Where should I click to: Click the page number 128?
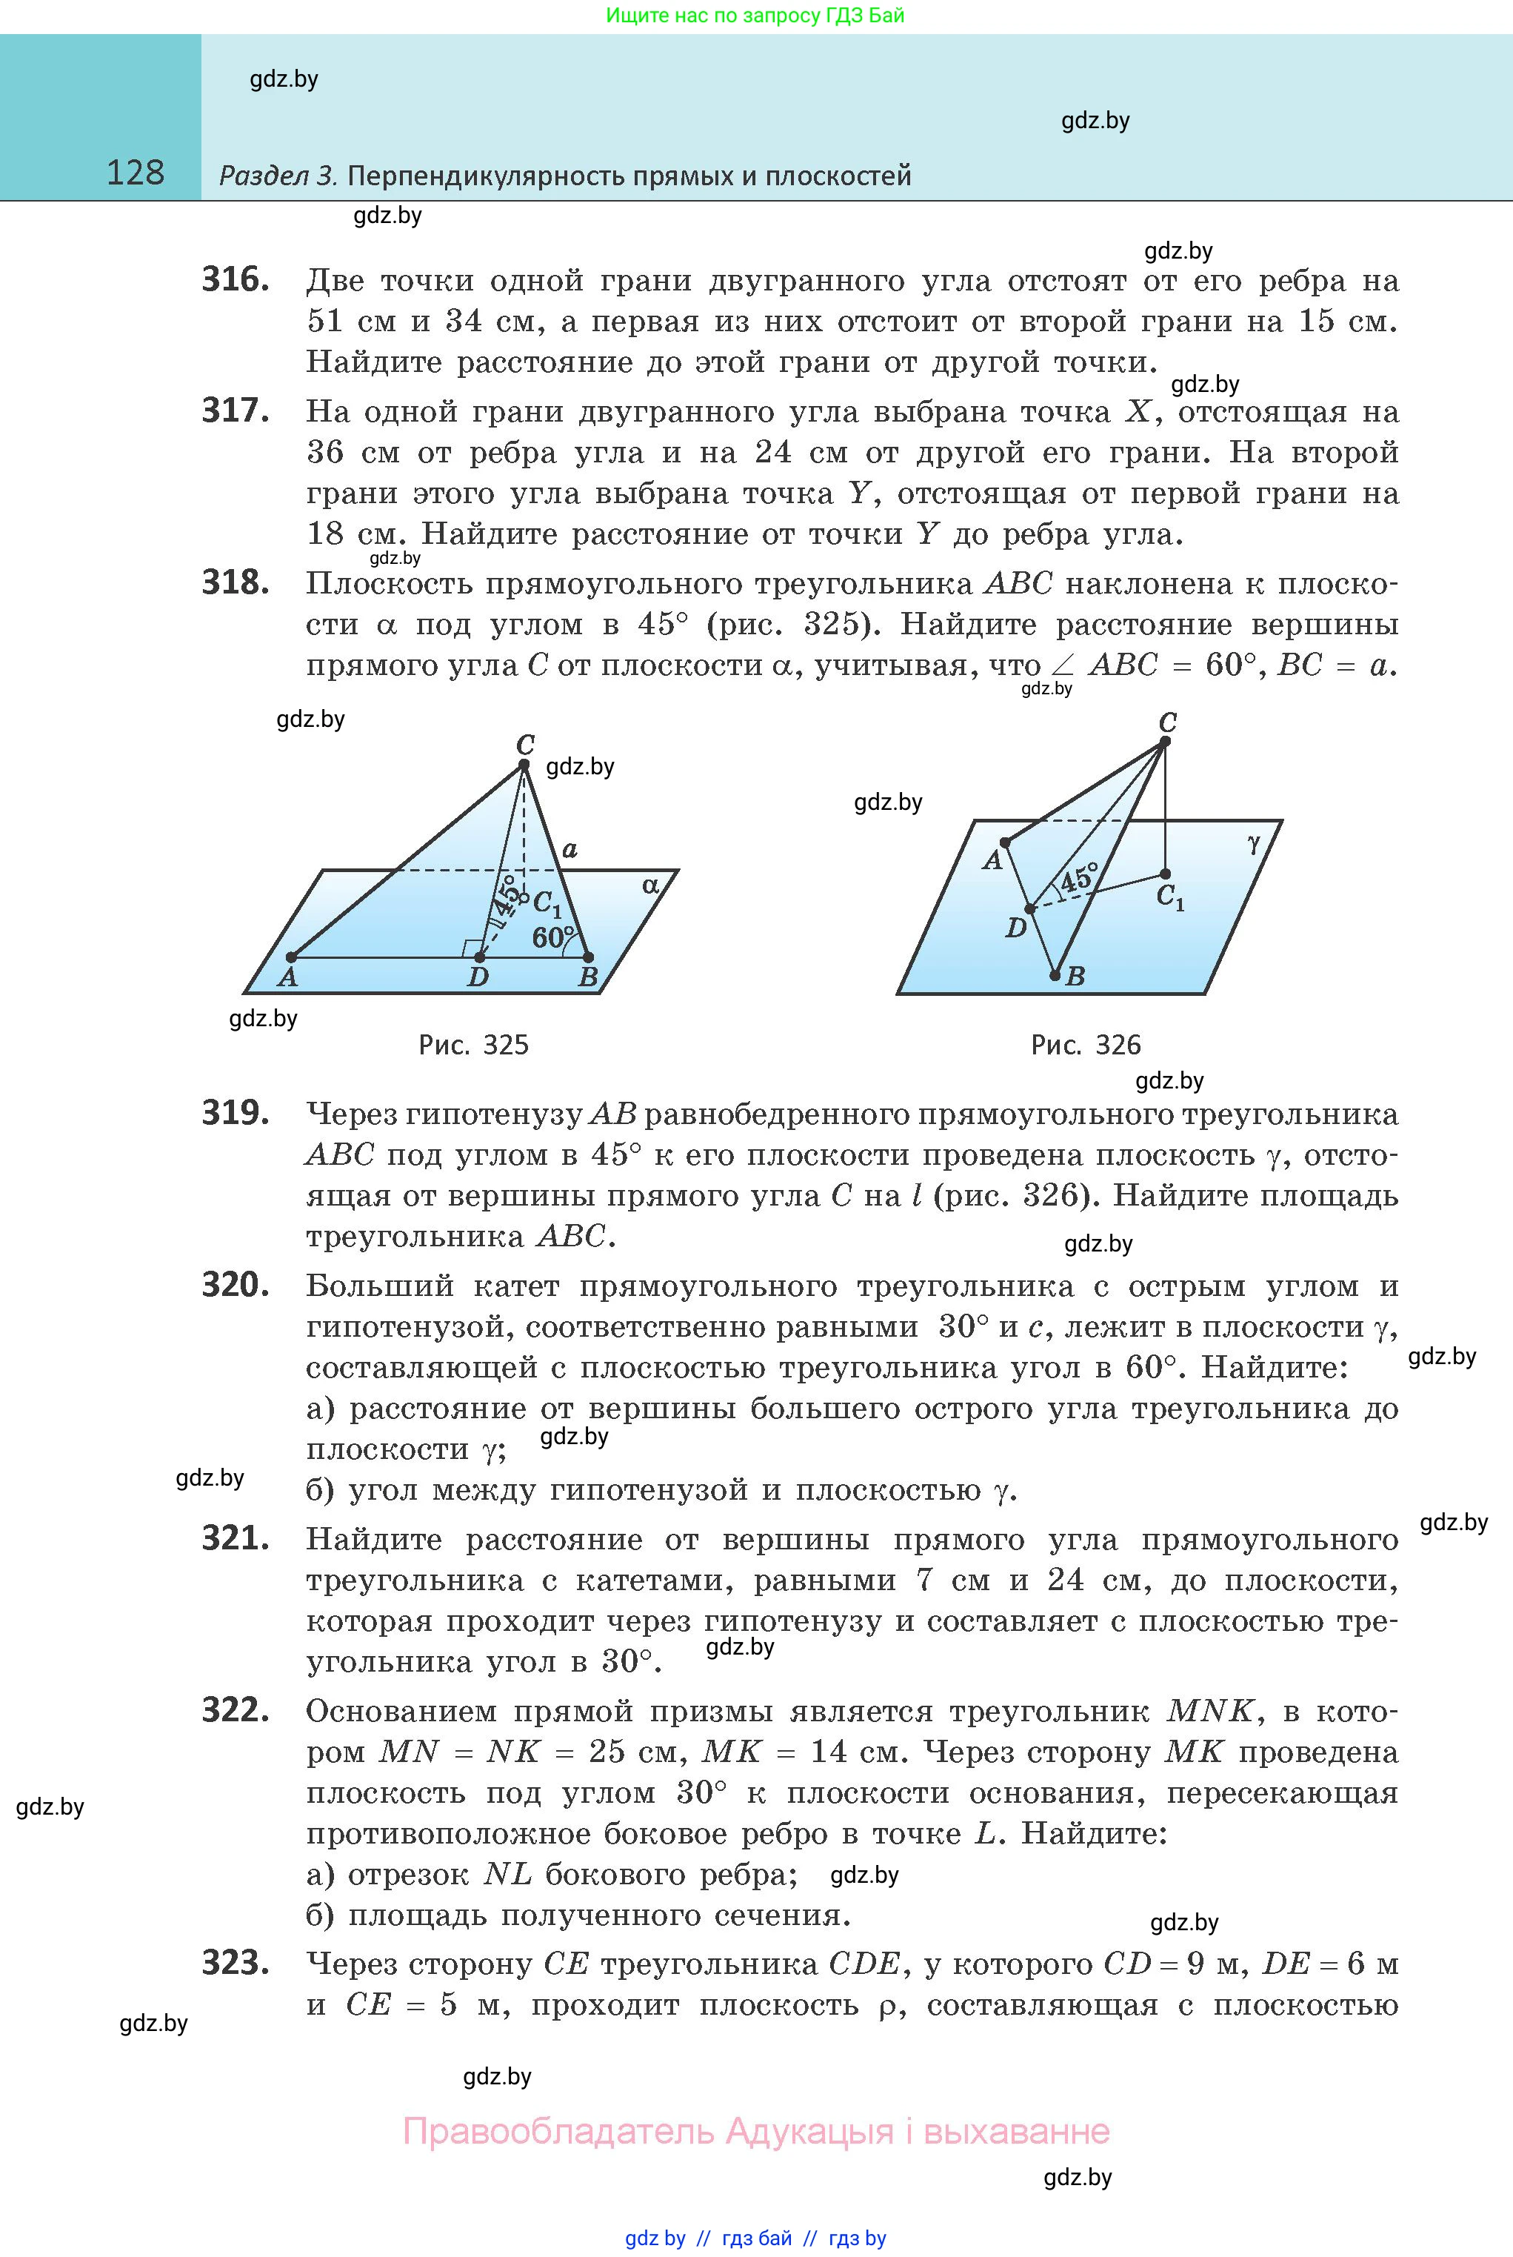click(135, 173)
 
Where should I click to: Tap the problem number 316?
click(236, 280)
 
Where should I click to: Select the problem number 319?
click(236, 1113)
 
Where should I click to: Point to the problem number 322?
click(236, 1709)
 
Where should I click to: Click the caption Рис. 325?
click(474, 1045)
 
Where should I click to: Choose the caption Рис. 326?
click(1086, 1045)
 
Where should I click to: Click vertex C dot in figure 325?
click(524, 765)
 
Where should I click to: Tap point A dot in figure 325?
click(290, 957)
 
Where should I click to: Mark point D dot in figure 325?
click(480, 957)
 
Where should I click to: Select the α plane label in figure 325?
click(651, 884)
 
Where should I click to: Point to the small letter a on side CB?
click(570, 848)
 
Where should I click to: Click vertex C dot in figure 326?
click(1165, 742)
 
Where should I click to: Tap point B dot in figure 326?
click(1055, 975)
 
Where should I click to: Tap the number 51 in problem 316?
click(324, 322)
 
